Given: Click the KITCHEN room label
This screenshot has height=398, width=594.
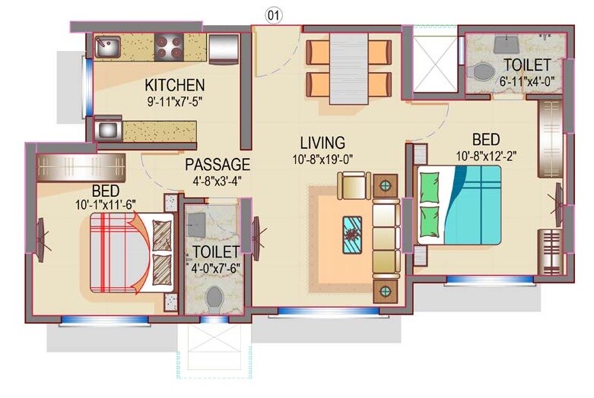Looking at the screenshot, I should click(x=175, y=84).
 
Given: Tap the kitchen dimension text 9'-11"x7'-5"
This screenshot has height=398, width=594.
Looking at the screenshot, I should click(x=175, y=99).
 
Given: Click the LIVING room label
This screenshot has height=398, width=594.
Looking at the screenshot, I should click(x=322, y=143).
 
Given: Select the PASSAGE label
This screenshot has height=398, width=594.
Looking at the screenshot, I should click(x=218, y=164).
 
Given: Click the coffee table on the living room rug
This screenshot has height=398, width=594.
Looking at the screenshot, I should click(x=352, y=234).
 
